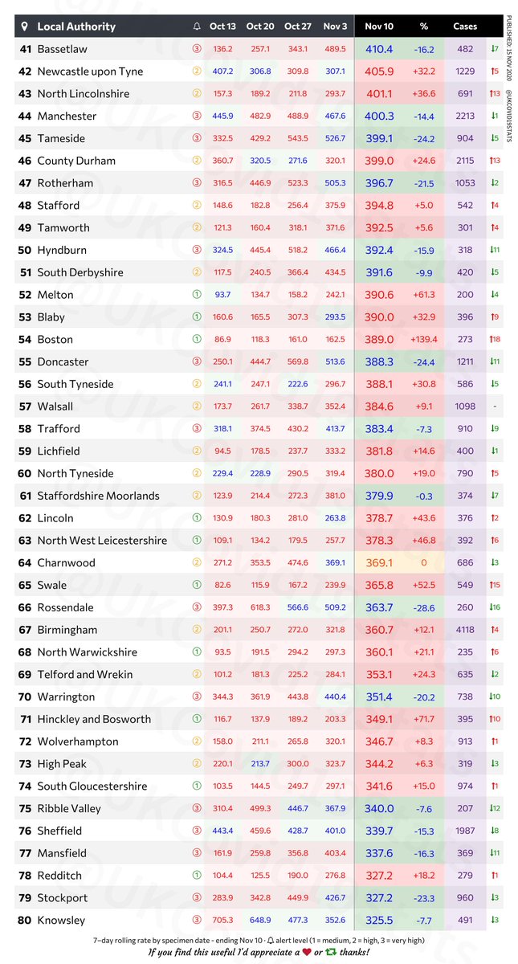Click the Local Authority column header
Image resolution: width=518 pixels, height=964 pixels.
[76, 27]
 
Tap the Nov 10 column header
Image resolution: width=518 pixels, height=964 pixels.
[380, 27]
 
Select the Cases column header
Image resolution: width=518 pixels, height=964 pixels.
[465, 27]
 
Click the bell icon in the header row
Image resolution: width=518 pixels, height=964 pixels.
[198, 27]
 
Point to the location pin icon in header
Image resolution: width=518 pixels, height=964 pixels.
[25, 27]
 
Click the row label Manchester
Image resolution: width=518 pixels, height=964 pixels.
[67, 116]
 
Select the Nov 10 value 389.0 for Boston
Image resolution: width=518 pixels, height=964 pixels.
[380, 340]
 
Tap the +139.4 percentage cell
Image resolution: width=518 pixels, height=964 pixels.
[423, 340]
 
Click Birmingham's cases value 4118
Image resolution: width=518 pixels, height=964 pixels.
[465, 630]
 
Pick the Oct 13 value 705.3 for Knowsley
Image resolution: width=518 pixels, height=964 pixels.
[222, 921]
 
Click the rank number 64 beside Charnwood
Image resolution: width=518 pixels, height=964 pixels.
[25, 563]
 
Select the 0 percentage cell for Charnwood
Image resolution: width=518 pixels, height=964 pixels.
[423, 563]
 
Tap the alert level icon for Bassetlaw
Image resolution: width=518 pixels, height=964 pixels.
[198, 49]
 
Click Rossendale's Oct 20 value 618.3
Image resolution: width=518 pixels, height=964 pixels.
[259, 608]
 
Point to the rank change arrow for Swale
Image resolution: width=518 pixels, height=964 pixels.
[495, 586]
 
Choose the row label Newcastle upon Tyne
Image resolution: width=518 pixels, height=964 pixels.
[90, 71]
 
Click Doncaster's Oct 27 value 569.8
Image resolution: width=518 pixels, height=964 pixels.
[297, 362]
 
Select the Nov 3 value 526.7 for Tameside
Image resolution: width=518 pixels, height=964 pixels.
[335, 138]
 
